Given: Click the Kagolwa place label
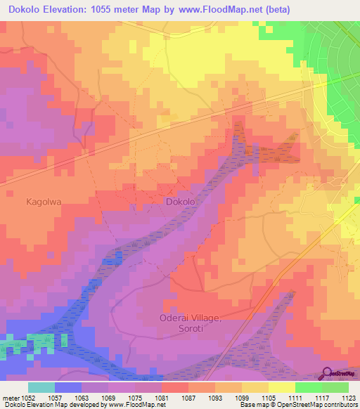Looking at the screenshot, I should point(44,201).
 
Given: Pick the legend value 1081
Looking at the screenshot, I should point(162,398).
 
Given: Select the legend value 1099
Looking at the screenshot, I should point(241,398).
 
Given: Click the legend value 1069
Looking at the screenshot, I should point(108,398).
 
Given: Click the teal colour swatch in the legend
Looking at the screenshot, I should point(41,387).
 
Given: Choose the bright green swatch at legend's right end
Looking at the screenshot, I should point(335,387).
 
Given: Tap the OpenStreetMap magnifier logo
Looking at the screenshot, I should point(327,372).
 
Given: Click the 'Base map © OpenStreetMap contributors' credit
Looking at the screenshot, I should point(298,405).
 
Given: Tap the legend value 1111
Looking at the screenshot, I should point(295,398).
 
